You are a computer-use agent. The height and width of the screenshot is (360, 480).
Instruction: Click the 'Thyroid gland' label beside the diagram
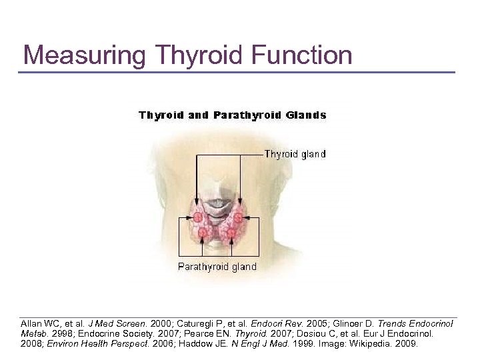(295, 154)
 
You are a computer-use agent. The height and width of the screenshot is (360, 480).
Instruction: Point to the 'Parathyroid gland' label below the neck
(217, 267)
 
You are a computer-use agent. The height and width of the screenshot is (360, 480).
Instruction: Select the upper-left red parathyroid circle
(199, 217)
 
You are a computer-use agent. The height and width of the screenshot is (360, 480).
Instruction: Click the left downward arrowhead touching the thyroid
(197, 204)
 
